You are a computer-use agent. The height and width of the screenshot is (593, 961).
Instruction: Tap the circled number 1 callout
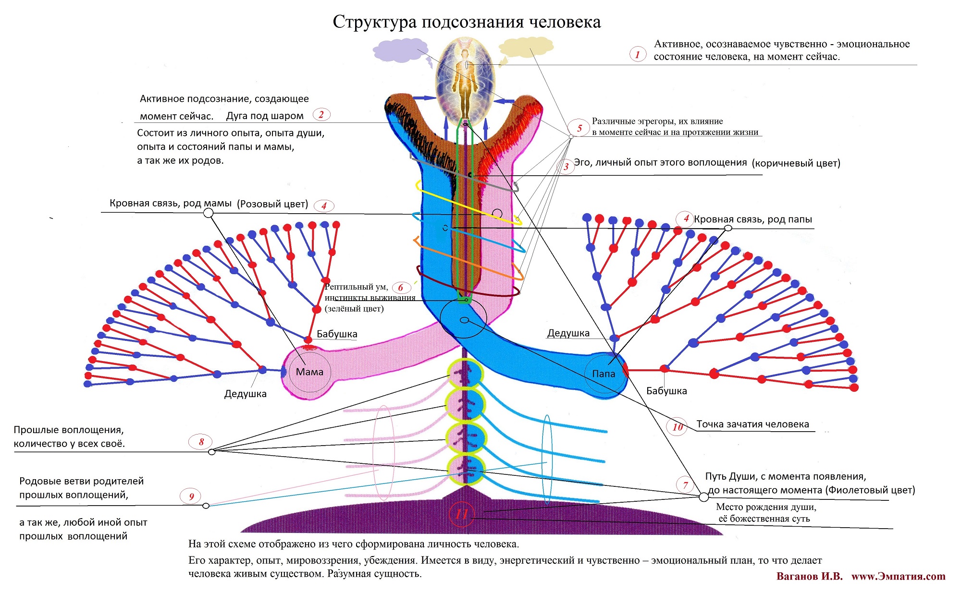pyautogui.click(x=638, y=54)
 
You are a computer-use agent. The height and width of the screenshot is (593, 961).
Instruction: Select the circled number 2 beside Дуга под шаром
pyautogui.click(x=321, y=114)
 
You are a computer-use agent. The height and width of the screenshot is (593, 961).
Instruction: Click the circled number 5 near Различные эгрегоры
pyautogui.click(x=579, y=128)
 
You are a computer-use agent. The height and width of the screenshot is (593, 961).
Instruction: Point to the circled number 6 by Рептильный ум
pyautogui.click(x=401, y=288)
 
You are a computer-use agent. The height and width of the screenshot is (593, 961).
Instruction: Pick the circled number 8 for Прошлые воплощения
pyautogui.click(x=201, y=442)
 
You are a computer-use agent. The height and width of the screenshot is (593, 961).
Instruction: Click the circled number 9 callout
pyautogui.click(x=191, y=496)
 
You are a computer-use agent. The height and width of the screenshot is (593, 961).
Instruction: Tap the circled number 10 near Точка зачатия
pyautogui.click(x=678, y=427)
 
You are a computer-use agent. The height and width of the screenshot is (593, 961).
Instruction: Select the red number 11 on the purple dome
pyautogui.click(x=461, y=514)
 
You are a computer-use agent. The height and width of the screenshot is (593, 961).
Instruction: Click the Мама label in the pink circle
pyautogui.click(x=309, y=372)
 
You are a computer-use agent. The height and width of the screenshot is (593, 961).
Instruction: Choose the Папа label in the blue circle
pyautogui.click(x=604, y=374)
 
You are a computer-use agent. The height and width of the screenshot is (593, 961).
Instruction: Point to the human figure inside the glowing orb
pyautogui.click(x=465, y=79)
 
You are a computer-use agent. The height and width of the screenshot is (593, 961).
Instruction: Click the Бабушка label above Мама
pyautogui.click(x=337, y=334)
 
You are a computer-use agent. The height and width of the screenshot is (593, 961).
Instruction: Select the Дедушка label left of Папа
pyautogui.click(x=568, y=333)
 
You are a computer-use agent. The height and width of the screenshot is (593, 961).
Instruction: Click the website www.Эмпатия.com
pyautogui.click(x=898, y=577)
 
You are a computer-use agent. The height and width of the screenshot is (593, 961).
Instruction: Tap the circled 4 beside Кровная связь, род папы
pyautogui.click(x=686, y=218)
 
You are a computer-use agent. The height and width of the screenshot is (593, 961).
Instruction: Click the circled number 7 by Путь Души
pyautogui.click(x=685, y=485)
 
